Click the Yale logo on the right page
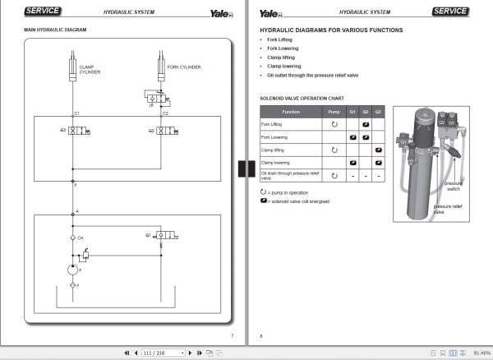click(270, 12)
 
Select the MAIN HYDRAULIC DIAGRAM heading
click(55, 30)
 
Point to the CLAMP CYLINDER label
click(90, 69)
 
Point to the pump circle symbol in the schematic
click(72, 268)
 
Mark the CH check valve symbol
click(72, 238)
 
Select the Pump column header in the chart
click(334, 111)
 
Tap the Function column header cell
click(291, 111)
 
